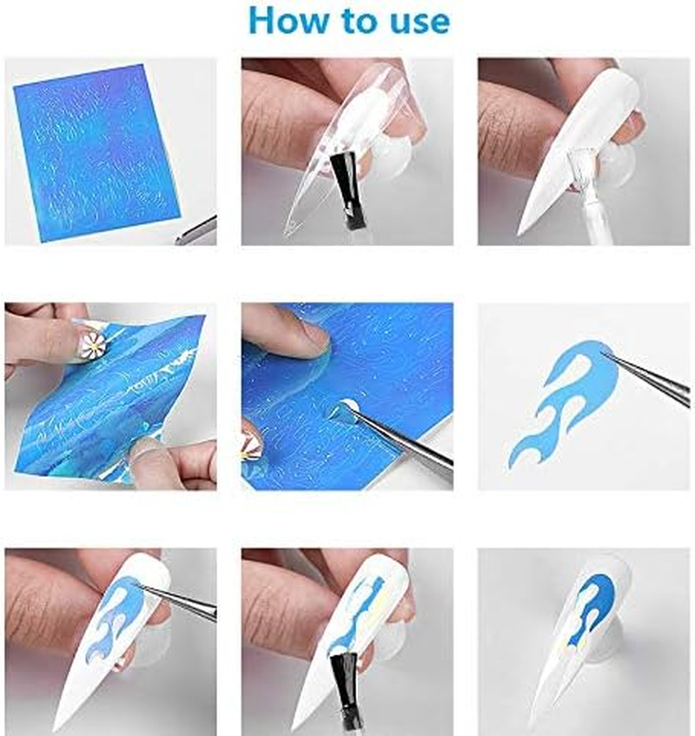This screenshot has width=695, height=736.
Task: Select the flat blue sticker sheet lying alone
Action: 96,153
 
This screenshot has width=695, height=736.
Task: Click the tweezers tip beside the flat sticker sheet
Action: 178,241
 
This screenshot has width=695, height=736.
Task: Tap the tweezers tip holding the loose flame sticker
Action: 603,353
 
